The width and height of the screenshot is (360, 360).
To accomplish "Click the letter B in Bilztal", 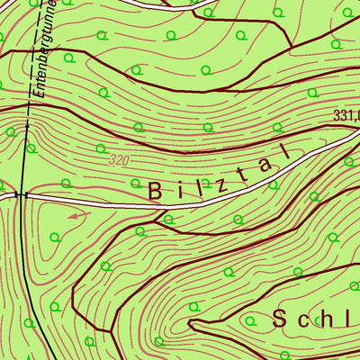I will pyautogui.click(x=154, y=190).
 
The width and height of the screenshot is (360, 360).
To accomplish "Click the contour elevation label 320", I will pyautogui.click(x=117, y=160).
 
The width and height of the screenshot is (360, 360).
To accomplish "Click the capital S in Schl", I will pyautogui.click(x=279, y=317).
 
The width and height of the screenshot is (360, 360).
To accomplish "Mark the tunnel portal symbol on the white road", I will pyautogui.click(x=22, y=193).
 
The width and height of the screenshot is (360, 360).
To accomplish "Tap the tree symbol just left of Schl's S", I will pyautogui.click(x=247, y=317).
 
